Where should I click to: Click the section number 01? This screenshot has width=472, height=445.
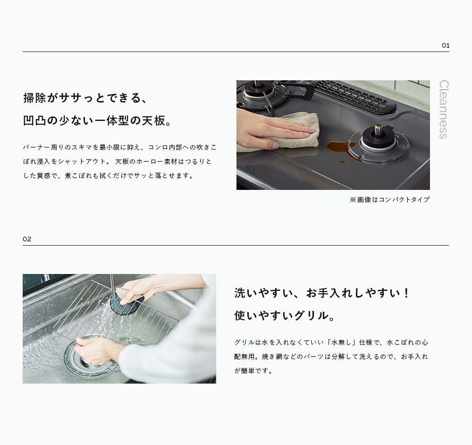446,45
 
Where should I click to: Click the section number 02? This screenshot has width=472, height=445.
27,239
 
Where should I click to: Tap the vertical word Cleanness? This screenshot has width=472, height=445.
444,110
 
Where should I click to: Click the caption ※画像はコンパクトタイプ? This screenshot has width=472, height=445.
389,200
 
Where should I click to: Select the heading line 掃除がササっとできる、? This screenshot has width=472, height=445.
85,98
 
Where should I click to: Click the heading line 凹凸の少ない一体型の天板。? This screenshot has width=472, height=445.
97,120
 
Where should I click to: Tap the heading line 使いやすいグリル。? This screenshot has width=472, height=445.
285,316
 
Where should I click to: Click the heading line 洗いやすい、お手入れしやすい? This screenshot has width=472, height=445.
321,293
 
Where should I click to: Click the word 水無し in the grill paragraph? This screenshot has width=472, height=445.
341,342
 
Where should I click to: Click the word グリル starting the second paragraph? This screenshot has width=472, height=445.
244,342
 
